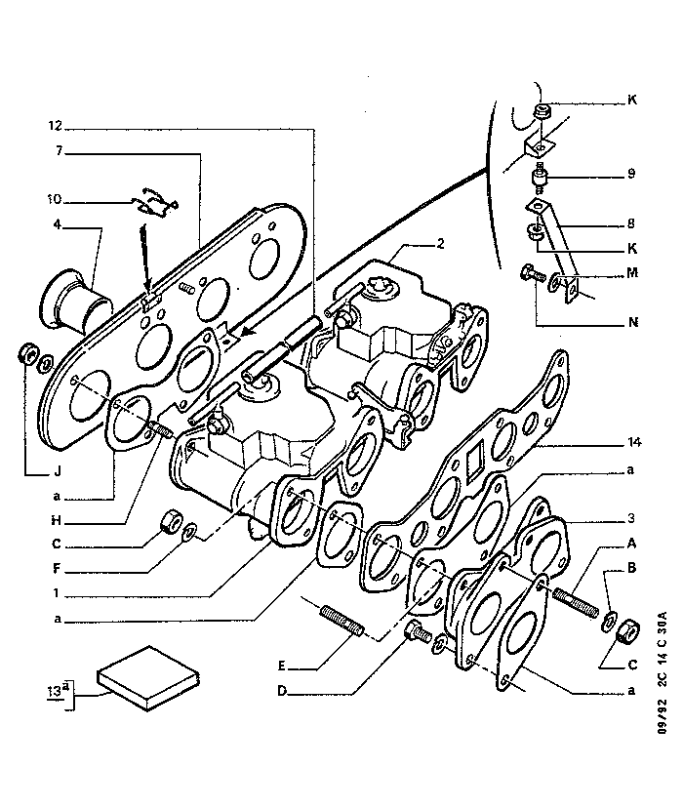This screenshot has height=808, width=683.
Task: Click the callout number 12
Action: point(55,127)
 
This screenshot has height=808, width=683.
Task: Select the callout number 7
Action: point(59,151)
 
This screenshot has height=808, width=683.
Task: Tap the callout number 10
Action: point(55,201)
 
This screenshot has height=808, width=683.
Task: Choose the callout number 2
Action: point(440,244)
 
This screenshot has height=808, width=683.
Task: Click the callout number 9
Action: point(631,175)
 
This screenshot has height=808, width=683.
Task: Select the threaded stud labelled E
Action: point(341,621)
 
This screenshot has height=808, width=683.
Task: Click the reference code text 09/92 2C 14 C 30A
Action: point(663,698)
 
